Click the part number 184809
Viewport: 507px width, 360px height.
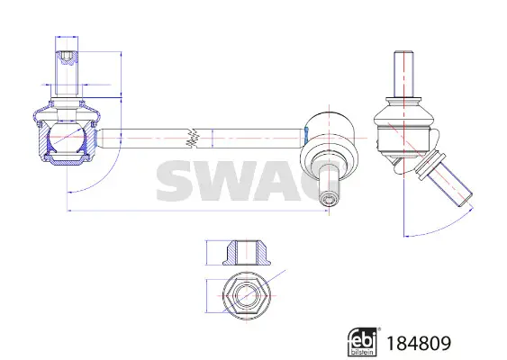click(419, 343)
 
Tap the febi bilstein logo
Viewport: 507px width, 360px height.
click(362, 342)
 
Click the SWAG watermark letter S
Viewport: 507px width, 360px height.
click(176, 181)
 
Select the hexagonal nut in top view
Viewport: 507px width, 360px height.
click(247, 296)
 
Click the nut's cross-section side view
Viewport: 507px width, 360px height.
click(247, 253)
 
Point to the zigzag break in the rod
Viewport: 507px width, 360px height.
click(193, 139)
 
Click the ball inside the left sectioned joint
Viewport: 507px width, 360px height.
click(67, 137)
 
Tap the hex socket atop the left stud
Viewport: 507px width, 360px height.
click(67, 58)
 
